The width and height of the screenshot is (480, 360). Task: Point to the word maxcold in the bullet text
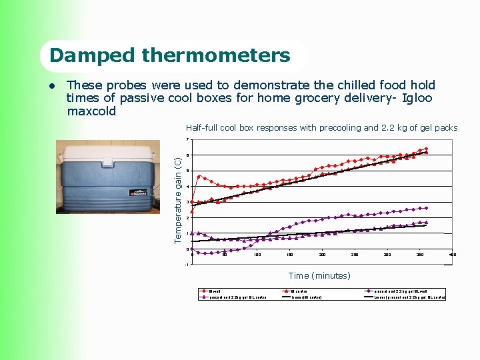[91, 111]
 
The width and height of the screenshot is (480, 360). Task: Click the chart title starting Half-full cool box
[321, 127]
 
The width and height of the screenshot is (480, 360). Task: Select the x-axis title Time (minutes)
[319, 275]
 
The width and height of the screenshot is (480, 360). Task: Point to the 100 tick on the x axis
[257, 255]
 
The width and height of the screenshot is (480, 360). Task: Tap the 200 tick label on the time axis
[323, 255]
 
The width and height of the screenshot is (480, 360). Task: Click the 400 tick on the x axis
[452, 255]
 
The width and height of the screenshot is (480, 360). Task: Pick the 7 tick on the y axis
[187, 139]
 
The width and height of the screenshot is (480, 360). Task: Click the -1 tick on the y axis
[187, 265]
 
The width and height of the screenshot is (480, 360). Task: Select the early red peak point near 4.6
[199, 177]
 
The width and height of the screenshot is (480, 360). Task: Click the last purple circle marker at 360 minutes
[426, 208]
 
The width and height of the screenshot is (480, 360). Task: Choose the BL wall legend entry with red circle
[214, 291]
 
